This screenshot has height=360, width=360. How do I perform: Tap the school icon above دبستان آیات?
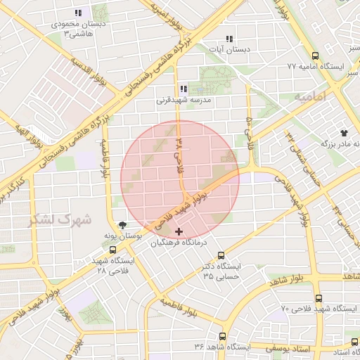pos(229,39)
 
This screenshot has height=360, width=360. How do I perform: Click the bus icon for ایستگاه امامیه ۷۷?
pos(314,56)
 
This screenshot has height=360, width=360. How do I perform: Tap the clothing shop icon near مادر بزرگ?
pos(344,132)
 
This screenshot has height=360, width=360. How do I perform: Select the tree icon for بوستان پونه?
pos(124,226)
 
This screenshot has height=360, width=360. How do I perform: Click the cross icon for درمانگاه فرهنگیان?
pos(179,231)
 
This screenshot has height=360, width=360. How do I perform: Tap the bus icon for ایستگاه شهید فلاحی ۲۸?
pos(112,250)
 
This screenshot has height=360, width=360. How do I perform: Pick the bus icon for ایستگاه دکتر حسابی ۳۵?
pos(221,256)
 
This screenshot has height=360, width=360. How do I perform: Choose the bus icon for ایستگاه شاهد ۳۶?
pos(223,337)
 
